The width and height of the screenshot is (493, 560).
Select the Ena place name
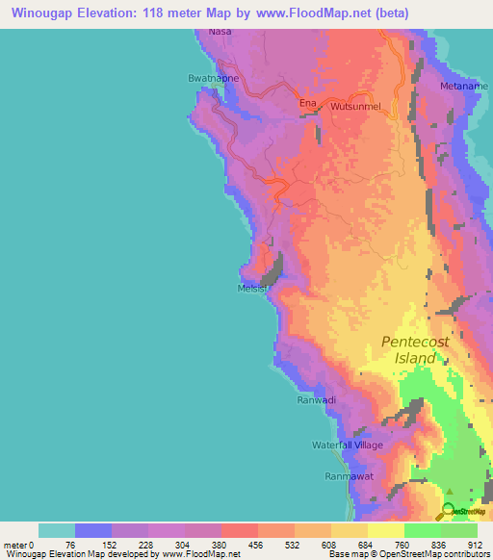[307, 103]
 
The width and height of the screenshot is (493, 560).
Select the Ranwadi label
[315, 399]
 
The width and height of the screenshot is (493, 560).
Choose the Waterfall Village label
[347, 445]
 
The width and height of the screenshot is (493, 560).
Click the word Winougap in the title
[41, 13]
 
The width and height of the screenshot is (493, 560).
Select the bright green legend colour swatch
[422, 530]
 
